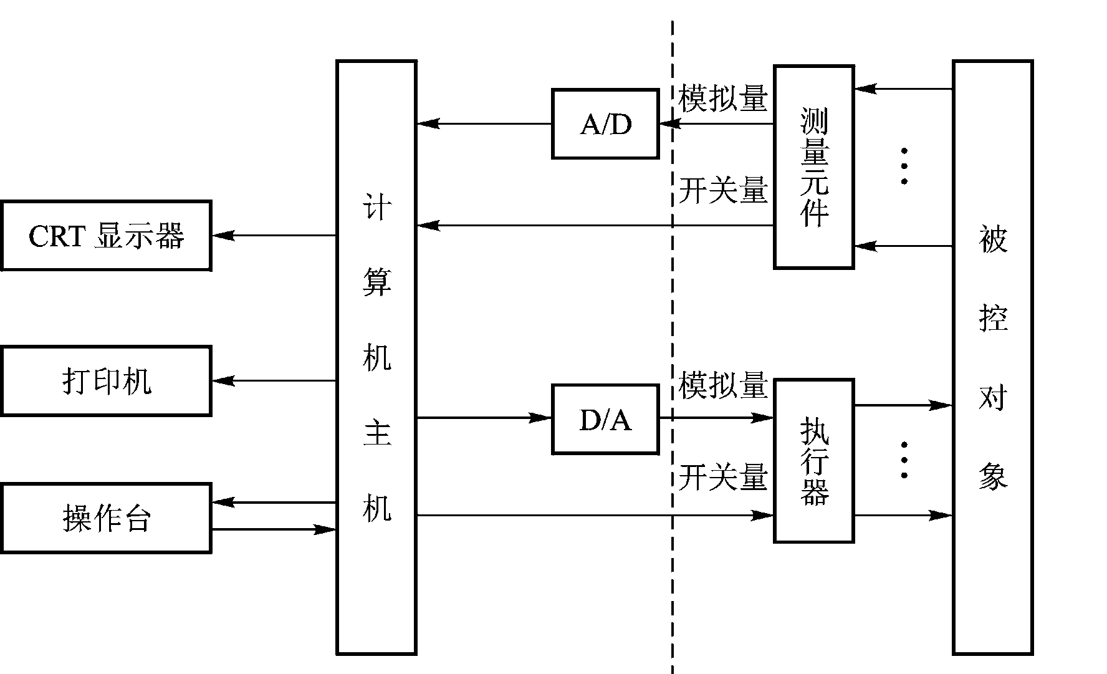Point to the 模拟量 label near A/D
(723, 99)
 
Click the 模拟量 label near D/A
(723, 386)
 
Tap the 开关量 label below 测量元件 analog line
(723, 190)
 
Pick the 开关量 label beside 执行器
(723, 478)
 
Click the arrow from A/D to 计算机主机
(484, 123)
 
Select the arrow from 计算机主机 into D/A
(484, 418)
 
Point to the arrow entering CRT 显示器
(274, 235)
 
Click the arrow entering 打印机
(274, 380)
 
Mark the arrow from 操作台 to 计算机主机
(274, 530)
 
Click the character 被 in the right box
(993, 240)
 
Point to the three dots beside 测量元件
(904, 166)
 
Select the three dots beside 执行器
(904, 460)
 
